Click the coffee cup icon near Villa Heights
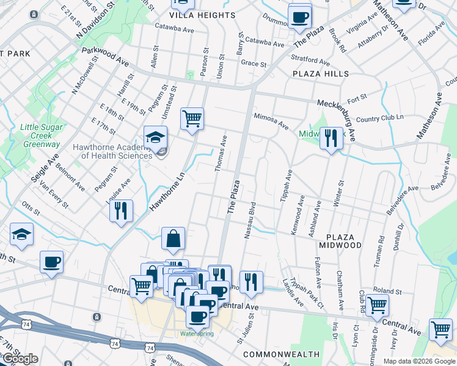point(299,16)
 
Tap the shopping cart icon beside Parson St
point(192,118)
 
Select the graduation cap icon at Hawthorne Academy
point(155,137)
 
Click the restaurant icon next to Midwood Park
point(331,138)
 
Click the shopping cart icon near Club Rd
point(377,304)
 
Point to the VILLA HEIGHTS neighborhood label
point(202,15)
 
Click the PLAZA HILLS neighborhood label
point(320,74)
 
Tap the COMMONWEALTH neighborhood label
point(281,354)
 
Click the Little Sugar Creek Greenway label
point(42,140)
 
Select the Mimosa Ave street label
point(271,119)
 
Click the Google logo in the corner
point(20,359)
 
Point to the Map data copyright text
point(419,361)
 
